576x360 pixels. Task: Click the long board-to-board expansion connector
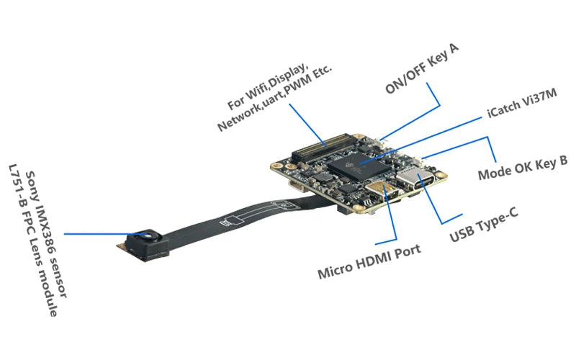click(x=323, y=148)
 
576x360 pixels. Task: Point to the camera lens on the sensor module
click(x=149, y=235)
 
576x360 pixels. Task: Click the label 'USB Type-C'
click(x=484, y=225)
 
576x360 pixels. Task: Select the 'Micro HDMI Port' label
click(x=369, y=262)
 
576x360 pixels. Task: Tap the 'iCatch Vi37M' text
click(x=522, y=103)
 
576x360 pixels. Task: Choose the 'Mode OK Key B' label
click(x=523, y=168)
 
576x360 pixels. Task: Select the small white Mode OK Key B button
click(x=418, y=161)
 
